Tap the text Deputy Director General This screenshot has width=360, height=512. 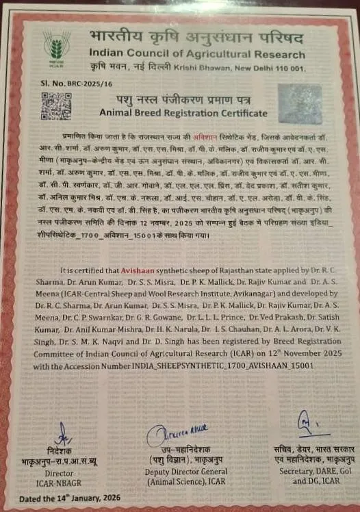[182, 472]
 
